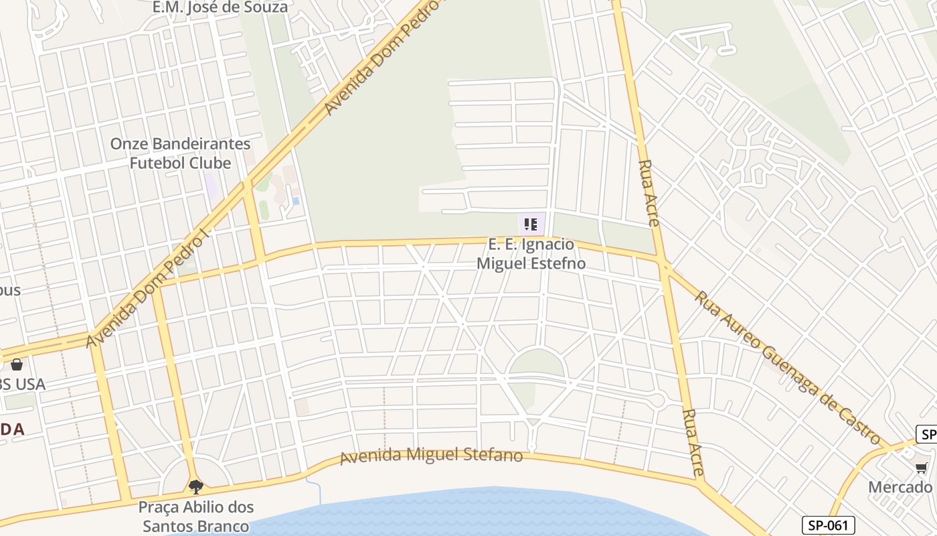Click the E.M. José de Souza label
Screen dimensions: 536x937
point(220,7)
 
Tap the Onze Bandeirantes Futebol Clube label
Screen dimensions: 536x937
point(180,153)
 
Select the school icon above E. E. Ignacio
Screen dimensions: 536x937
point(531,224)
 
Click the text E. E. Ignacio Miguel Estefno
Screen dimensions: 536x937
point(531,254)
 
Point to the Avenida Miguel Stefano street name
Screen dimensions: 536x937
point(431,456)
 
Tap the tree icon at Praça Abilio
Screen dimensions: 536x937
point(195,486)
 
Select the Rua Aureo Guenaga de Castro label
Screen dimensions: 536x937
point(787,367)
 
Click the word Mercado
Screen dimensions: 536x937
point(900,487)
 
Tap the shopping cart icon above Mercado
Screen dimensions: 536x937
point(922,468)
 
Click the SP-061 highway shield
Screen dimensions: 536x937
point(829,525)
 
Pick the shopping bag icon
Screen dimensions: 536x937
point(16,364)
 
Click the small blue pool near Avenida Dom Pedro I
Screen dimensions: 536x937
point(296,200)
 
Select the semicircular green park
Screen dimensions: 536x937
point(536,364)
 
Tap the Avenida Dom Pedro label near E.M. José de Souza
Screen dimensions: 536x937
point(381,60)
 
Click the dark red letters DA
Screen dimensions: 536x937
point(12,429)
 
